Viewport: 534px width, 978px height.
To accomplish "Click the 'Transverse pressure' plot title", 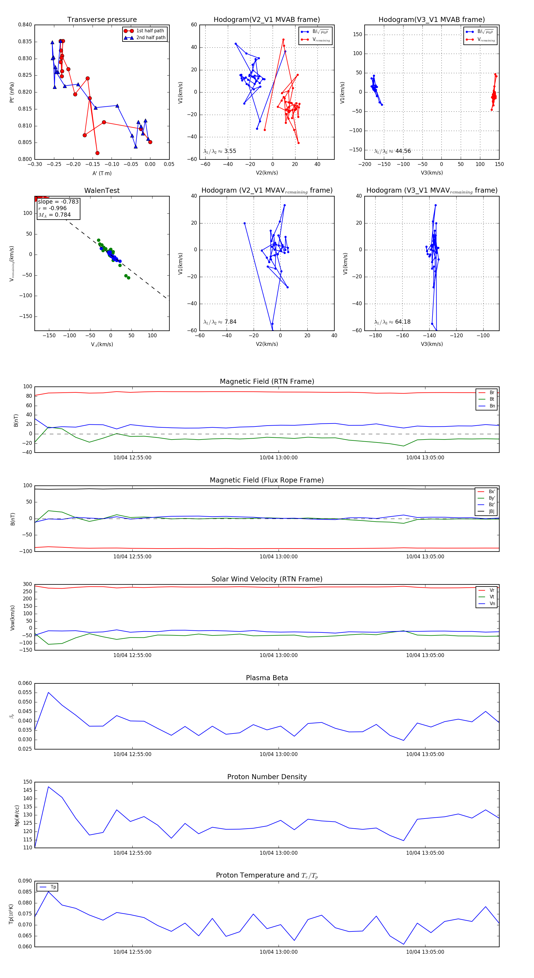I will point(102,20).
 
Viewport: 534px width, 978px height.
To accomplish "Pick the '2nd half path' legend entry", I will point(150,38).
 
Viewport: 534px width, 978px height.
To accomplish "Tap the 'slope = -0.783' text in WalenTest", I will point(58,202).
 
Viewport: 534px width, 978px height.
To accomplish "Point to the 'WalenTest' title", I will point(102,191).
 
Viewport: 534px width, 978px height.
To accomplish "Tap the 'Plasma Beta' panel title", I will point(267,678).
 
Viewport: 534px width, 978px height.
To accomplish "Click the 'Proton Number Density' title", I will point(267,777).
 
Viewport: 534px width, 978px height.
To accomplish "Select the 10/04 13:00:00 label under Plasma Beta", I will point(279,754).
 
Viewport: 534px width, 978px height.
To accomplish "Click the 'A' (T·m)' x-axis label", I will point(102,173).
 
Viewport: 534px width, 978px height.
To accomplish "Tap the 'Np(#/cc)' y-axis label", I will point(17,815).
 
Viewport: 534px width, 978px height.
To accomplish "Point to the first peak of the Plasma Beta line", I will point(48,693).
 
